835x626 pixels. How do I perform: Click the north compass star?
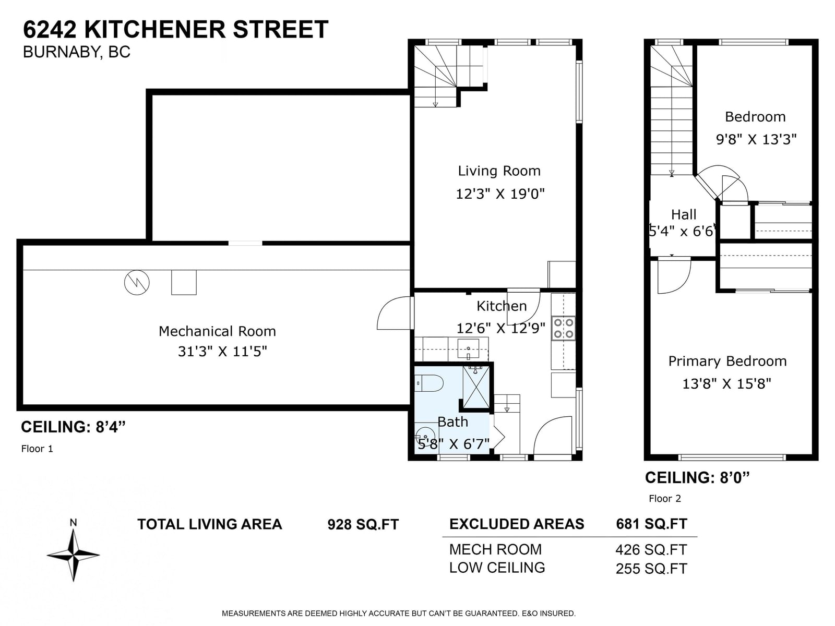click(73, 555)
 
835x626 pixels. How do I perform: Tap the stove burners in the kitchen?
click(564, 329)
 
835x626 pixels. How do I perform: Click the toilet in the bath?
click(428, 383)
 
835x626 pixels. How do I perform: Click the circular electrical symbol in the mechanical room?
click(137, 282)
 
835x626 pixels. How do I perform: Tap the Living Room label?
click(499, 171)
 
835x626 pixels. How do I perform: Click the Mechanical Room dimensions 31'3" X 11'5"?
click(222, 352)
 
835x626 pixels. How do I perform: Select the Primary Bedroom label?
click(727, 362)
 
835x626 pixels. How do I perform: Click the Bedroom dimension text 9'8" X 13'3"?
click(756, 139)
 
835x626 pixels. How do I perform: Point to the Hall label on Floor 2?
click(684, 215)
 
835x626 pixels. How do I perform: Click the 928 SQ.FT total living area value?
click(363, 524)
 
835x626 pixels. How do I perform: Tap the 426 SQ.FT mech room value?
click(651, 550)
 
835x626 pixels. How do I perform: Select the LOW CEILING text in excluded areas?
click(497, 568)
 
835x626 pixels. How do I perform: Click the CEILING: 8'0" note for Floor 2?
click(697, 478)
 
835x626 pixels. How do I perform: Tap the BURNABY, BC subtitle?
click(77, 52)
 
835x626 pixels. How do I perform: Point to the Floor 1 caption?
click(37, 449)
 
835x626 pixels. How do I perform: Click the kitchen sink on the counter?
click(468, 349)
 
